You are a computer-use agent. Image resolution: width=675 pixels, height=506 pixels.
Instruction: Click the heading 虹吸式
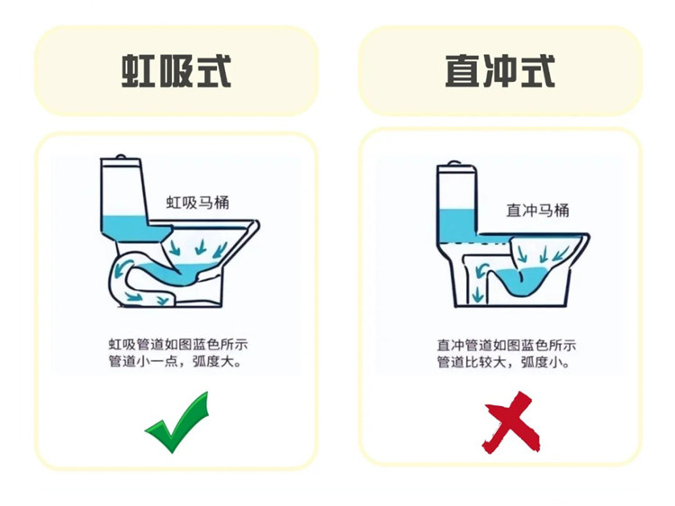pyautogui.click(x=176, y=70)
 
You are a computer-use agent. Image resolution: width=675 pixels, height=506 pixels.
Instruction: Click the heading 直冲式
pyautogui.click(x=500, y=70)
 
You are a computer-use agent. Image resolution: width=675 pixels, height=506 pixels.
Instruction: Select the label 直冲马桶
pyautogui.click(x=537, y=210)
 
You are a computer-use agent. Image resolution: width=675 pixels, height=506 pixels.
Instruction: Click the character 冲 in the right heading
pyautogui.click(x=500, y=70)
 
